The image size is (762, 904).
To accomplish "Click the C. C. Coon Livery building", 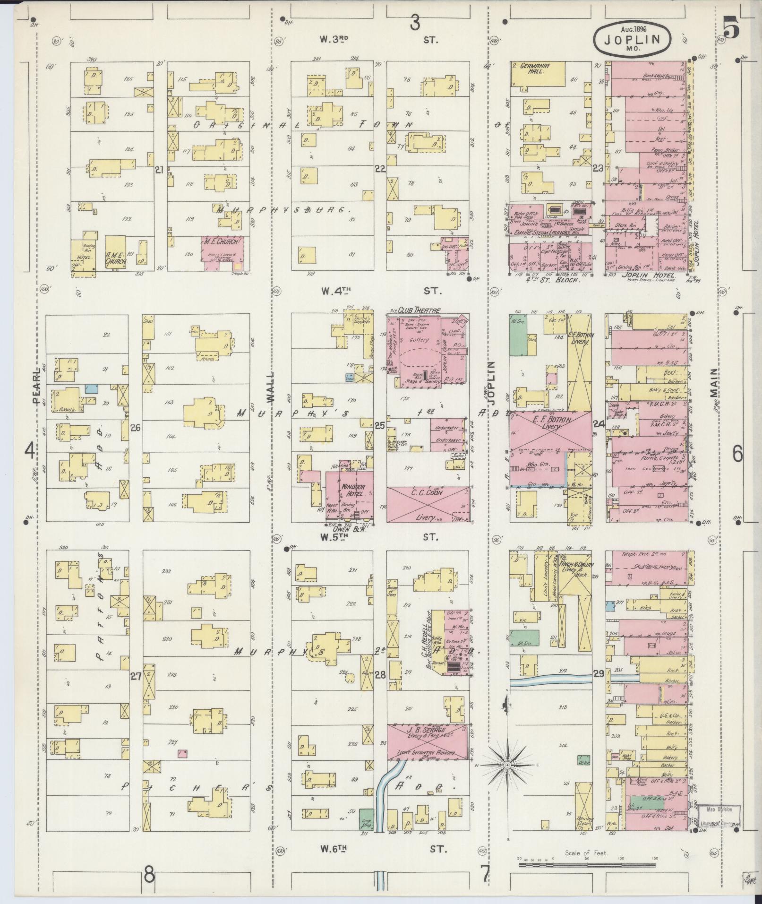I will (428, 504).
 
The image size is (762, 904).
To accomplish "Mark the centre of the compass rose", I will (507, 765).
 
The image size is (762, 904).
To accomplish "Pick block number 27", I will (136, 676).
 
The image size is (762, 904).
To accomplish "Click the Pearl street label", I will (36, 388).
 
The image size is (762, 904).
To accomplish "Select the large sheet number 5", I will (731, 30).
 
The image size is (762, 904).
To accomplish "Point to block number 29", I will (599, 674).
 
